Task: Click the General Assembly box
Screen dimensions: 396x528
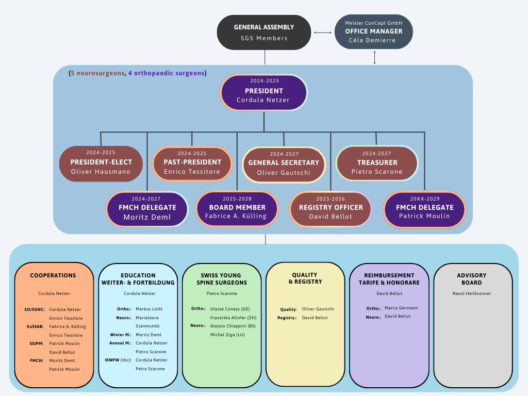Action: click(x=264, y=32)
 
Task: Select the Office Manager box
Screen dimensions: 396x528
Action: click(x=374, y=31)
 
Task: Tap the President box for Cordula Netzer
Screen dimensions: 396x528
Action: click(x=263, y=92)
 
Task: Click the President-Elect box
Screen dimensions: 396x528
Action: click(x=101, y=163)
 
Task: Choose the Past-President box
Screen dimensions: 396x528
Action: click(x=192, y=163)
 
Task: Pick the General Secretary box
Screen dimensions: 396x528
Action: click(x=284, y=164)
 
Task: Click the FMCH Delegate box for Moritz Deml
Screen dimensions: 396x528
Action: click(x=147, y=209)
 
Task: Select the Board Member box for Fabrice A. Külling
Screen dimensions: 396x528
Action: click(x=237, y=209)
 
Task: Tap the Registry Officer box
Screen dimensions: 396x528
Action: click(x=331, y=209)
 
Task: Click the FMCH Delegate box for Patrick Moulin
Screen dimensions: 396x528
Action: click(x=425, y=209)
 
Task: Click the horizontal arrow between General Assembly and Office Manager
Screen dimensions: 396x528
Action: click(x=323, y=33)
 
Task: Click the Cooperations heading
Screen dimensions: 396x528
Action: click(x=53, y=275)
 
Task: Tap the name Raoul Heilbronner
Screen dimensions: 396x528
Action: click(x=472, y=293)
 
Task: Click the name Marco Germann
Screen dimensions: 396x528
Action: click(x=401, y=308)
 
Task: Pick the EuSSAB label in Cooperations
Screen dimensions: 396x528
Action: click(x=36, y=326)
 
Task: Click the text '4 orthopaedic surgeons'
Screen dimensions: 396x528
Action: click(x=166, y=73)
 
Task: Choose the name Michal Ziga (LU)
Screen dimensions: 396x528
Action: click(x=227, y=335)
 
